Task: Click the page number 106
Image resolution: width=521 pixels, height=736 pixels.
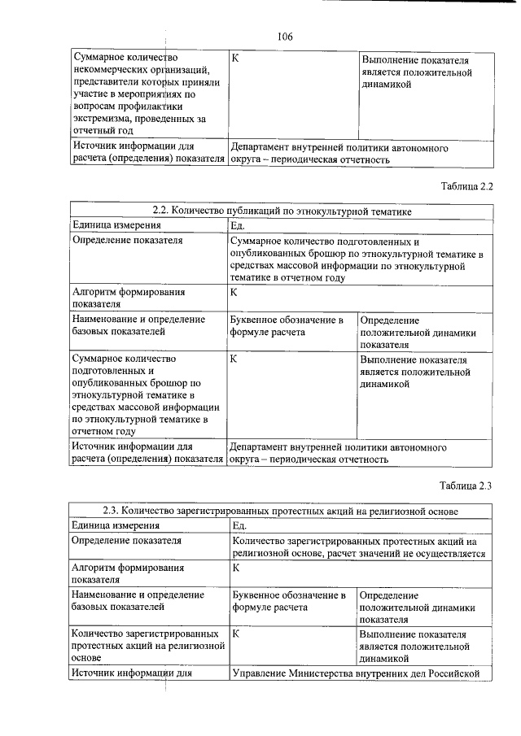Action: click(284, 37)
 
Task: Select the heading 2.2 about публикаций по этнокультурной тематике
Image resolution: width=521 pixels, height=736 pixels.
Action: click(282, 211)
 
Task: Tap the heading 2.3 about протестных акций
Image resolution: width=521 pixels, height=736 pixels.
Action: click(281, 512)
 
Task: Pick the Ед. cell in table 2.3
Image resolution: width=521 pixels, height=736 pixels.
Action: click(239, 525)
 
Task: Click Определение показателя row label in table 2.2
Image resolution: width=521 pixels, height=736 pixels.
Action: click(127, 241)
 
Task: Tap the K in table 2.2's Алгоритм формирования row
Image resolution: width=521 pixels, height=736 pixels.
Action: click(234, 292)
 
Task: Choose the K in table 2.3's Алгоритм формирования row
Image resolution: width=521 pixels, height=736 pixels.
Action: click(236, 567)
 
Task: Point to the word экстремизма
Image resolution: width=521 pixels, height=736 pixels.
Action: click(104, 117)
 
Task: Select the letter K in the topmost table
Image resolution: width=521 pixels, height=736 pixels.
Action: click(236, 59)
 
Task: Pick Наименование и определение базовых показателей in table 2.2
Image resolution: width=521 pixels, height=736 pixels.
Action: click(138, 326)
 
